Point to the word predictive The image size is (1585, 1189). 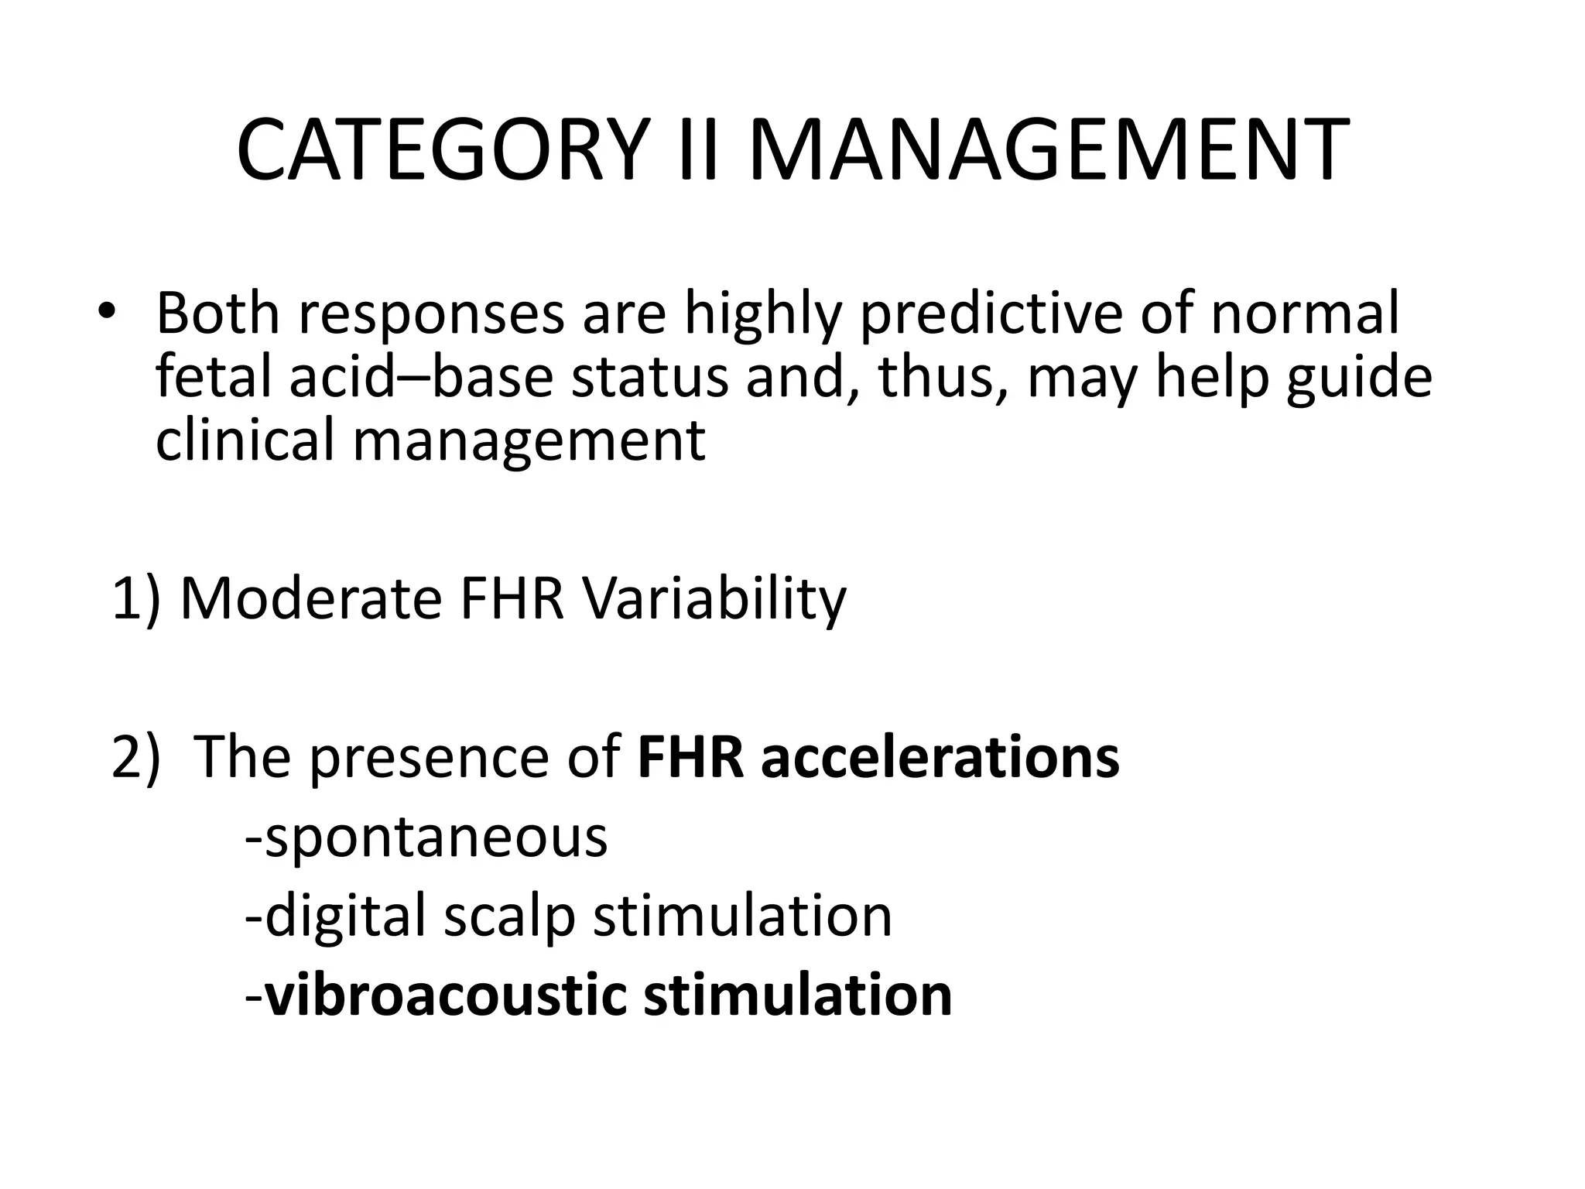coord(991,314)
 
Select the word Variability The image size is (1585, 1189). coord(714,600)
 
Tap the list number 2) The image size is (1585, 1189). coord(136,756)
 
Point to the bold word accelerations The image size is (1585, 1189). coord(940,756)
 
